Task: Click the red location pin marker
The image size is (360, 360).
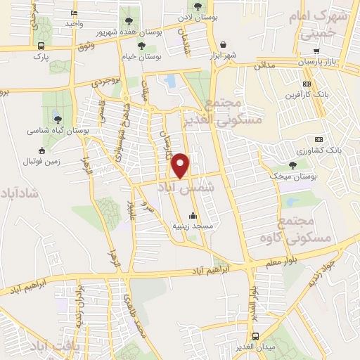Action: [x=181, y=165]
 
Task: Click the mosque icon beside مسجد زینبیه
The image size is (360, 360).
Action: [x=193, y=215]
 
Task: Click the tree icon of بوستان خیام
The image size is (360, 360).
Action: [x=142, y=46]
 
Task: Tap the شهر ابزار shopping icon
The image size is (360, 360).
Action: [x=223, y=44]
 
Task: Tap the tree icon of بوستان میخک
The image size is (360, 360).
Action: [x=292, y=165]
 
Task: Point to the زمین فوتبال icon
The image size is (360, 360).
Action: [x=41, y=150]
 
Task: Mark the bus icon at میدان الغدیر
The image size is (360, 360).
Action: [x=255, y=336]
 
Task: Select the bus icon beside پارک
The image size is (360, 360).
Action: [x=41, y=46]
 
